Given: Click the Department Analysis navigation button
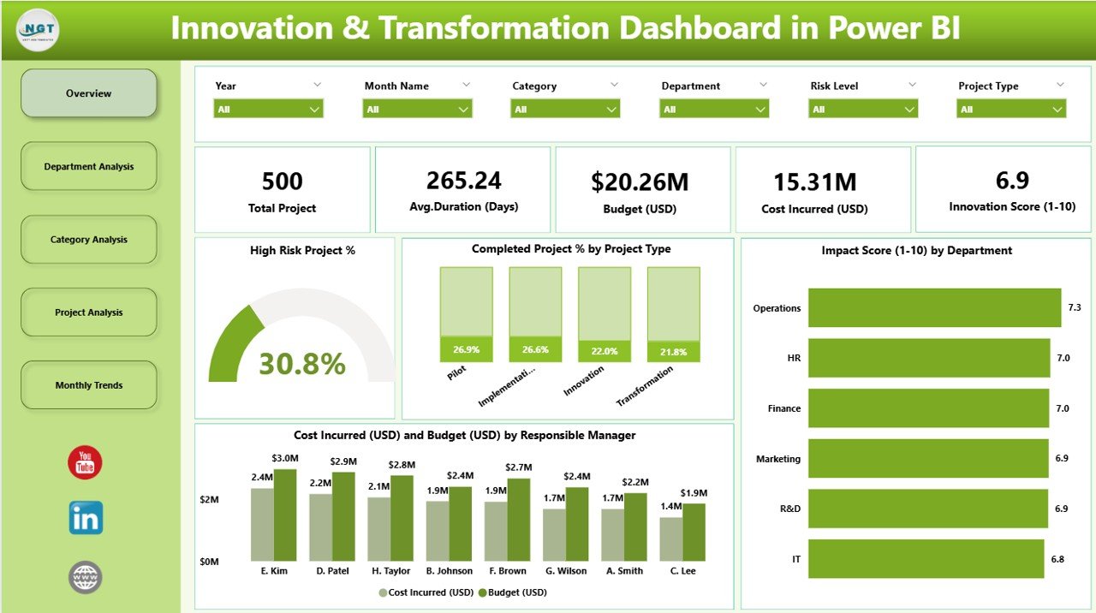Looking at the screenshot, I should (x=89, y=166).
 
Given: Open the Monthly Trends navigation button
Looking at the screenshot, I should (x=89, y=385).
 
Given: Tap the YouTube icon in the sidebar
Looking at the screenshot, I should (x=85, y=462).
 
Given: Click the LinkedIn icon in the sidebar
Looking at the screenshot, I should (x=86, y=518).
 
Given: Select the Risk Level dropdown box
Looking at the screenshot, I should (x=863, y=109).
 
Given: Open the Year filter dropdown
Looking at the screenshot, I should (x=268, y=109).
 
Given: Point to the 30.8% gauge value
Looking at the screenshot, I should (x=302, y=364).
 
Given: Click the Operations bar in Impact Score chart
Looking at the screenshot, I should (x=934, y=307).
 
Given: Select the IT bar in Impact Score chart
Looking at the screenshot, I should (x=926, y=559).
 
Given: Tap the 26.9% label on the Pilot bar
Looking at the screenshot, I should (x=466, y=349).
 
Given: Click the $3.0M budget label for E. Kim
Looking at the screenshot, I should (x=285, y=459).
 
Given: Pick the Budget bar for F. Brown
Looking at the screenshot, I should (x=518, y=520).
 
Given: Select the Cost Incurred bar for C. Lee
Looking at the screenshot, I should (x=671, y=539).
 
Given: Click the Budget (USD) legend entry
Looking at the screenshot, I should (x=511, y=592).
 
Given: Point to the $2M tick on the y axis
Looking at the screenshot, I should (x=209, y=499).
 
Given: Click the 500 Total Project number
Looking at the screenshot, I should (x=283, y=182).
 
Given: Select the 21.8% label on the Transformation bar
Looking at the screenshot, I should (x=673, y=351).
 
